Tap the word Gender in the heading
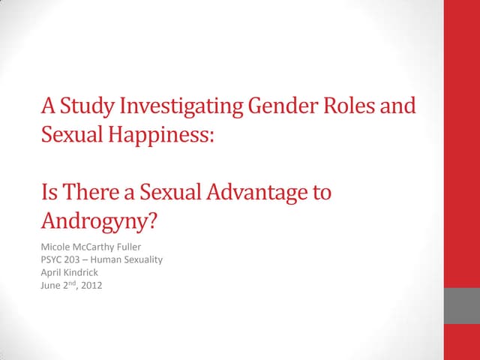click(274, 106)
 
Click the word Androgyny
click(100, 223)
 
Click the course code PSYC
click(52, 259)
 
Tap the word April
click(51, 272)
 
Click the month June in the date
click(50, 285)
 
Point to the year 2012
click(91, 285)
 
